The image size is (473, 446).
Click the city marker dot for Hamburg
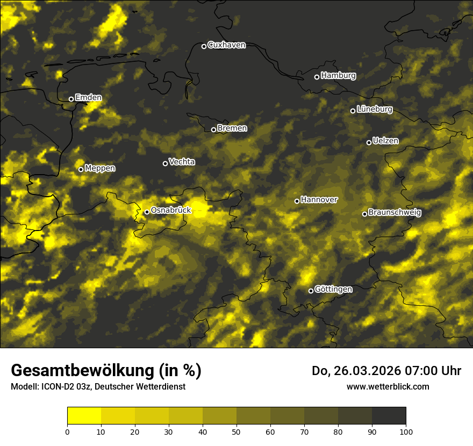click(317, 77)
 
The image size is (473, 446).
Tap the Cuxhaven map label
click(226, 45)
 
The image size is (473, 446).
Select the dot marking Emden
click(71, 99)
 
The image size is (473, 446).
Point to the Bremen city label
click(232, 128)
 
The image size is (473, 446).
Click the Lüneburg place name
click(374, 110)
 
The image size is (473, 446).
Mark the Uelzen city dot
click(369, 142)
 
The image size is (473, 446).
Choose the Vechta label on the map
click(182, 162)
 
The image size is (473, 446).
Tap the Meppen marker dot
click(81, 169)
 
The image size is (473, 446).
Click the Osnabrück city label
click(171, 211)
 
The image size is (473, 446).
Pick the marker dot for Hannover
click(297, 201)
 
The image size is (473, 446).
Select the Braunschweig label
click(395, 213)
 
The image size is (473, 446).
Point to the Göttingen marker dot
click(311, 291)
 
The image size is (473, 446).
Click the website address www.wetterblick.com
click(388, 386)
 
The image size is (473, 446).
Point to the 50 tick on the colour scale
click(236, 431)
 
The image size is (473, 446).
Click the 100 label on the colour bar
click(406, 431)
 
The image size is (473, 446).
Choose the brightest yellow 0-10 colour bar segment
click(84, 416)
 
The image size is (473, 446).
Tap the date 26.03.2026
click(362, 371)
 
